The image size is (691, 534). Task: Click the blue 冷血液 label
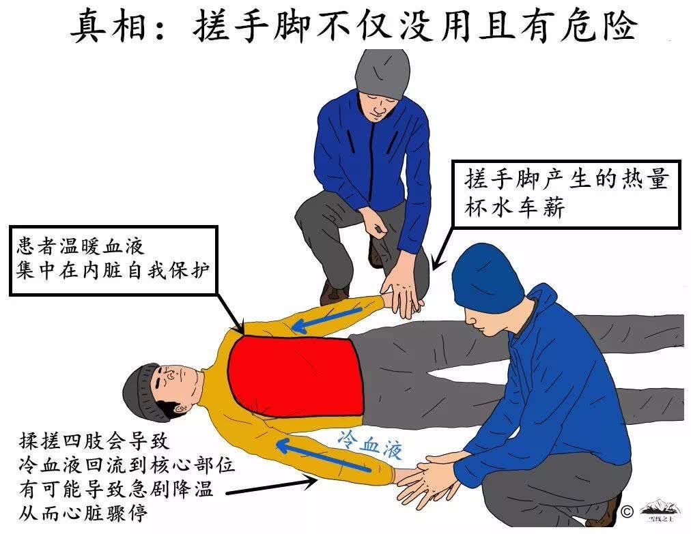(x=371, y=445)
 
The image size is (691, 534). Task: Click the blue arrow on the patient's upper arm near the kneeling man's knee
(x=327, y=320)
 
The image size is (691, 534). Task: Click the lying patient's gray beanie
(x=143, y=393)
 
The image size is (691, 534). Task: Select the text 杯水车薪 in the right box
(x=514, y=207)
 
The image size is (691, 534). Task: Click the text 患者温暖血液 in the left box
(x=81, y=246)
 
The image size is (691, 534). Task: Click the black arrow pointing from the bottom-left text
(x=272, y=486)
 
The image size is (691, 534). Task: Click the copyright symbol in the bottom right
(x=627, y=512)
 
